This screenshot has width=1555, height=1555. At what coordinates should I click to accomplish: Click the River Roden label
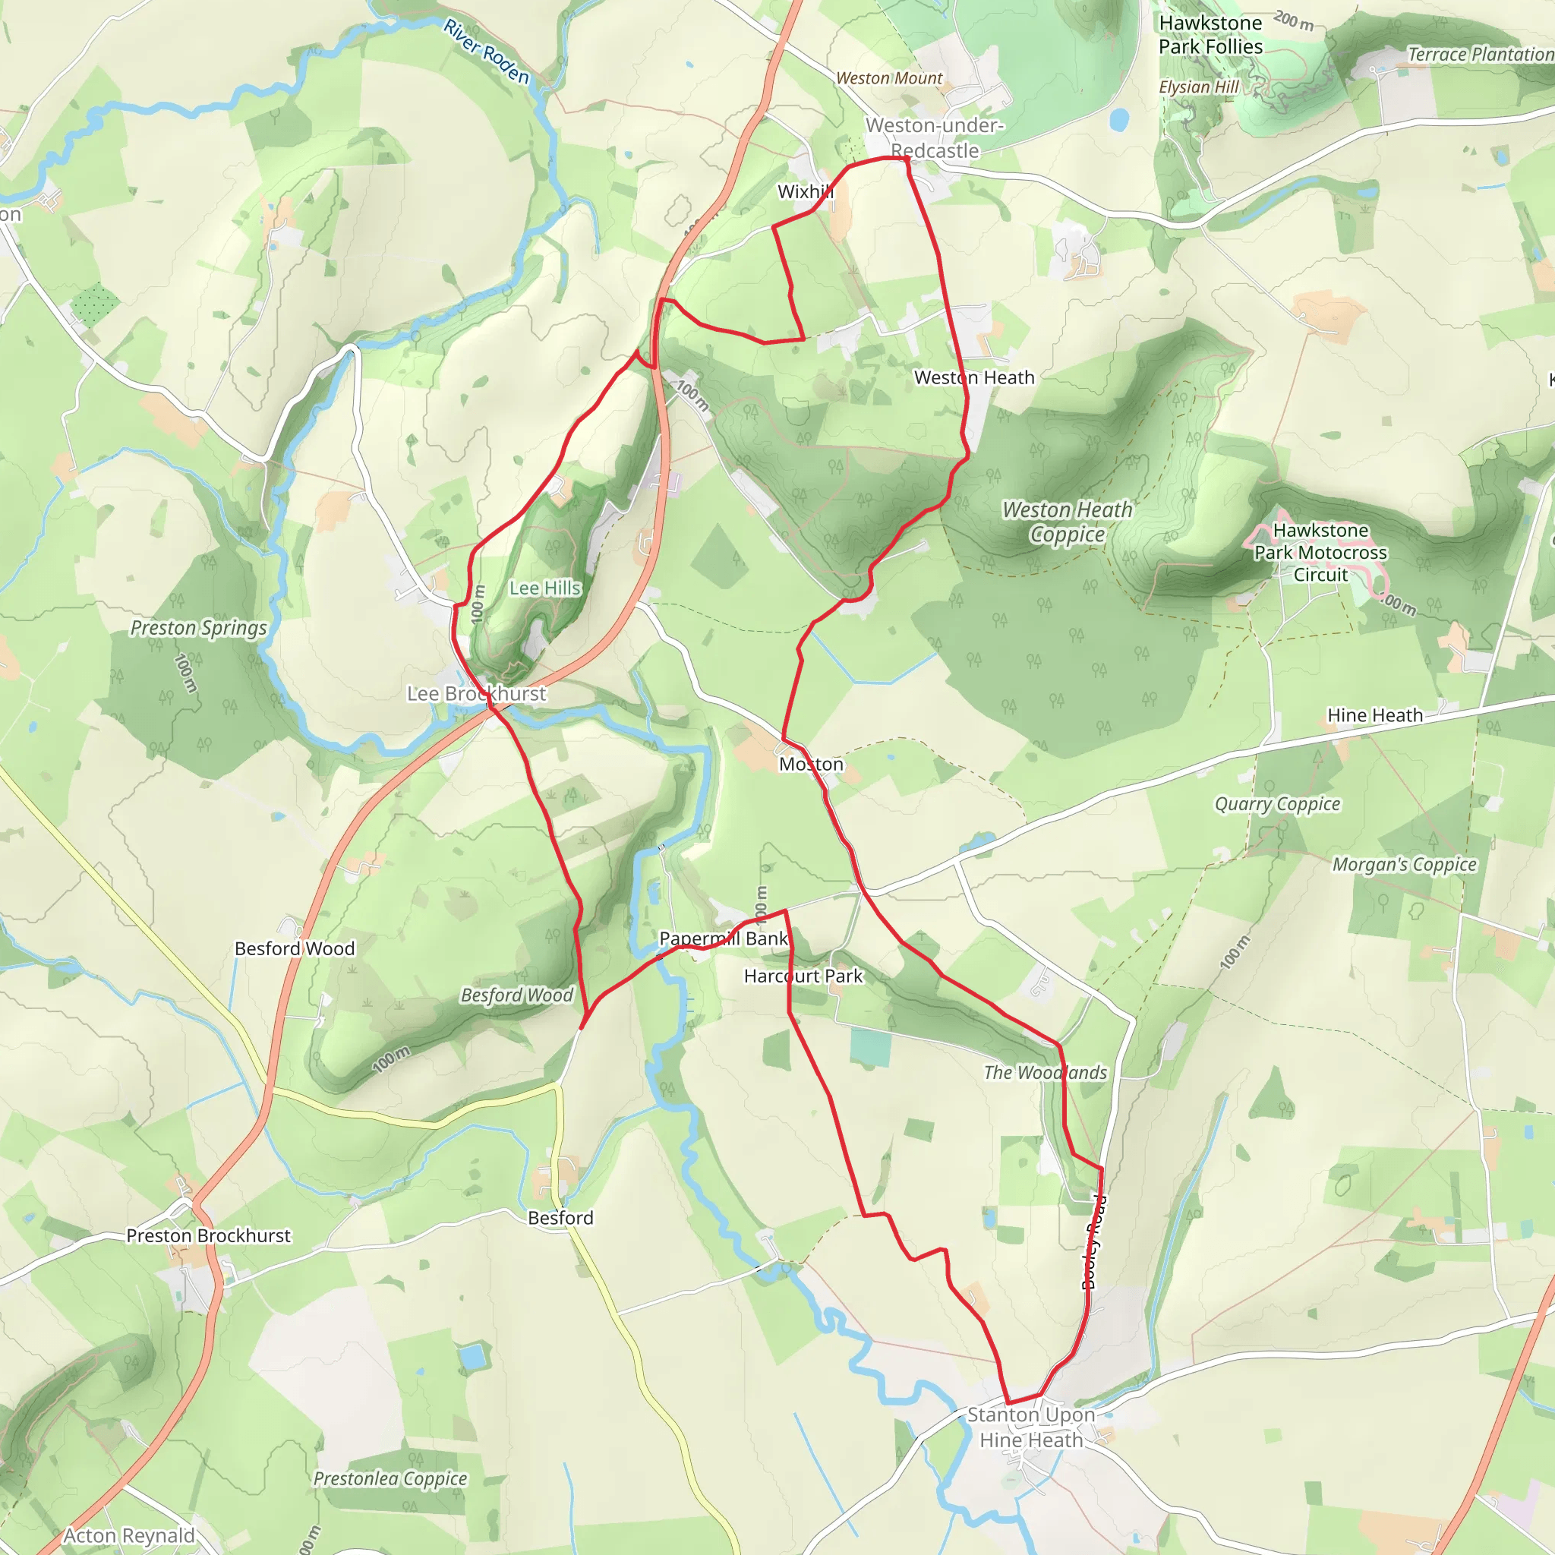tap(487, 52)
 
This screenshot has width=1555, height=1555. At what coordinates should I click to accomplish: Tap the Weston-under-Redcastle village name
tap(935, 137)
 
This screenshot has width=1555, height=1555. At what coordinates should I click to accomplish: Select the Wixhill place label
tap(805, 191)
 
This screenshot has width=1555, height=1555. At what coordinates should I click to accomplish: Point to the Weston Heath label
tap(974, 377)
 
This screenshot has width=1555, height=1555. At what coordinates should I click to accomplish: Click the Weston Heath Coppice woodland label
tap(1068, 522)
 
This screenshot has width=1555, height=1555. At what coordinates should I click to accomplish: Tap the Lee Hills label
tap(545, 588)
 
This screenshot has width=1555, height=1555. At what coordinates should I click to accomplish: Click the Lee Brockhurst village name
tap(477, 694)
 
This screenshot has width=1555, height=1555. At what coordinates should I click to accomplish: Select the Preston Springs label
tap(199, 628)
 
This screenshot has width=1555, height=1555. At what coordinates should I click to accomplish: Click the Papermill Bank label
tap(724, 938)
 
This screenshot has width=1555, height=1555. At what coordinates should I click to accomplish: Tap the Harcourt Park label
tap(803, 976)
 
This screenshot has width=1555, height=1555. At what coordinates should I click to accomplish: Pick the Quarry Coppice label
tap(1277, 804)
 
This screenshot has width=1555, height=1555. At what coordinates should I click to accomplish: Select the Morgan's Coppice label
tap(1405, 864)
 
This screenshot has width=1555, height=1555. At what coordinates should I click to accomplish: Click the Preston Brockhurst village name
tap(209, 1235)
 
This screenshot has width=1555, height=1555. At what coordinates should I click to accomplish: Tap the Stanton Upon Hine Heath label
tap(1031, 1427)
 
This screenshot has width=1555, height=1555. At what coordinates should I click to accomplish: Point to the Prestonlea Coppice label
tap(390, 1478)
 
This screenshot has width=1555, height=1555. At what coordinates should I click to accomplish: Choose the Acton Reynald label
tap(129, 1536)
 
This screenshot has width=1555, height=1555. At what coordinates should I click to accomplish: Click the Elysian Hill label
tap(1198, 87)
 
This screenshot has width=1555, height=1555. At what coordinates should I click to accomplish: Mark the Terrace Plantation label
tap(1479, 55)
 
